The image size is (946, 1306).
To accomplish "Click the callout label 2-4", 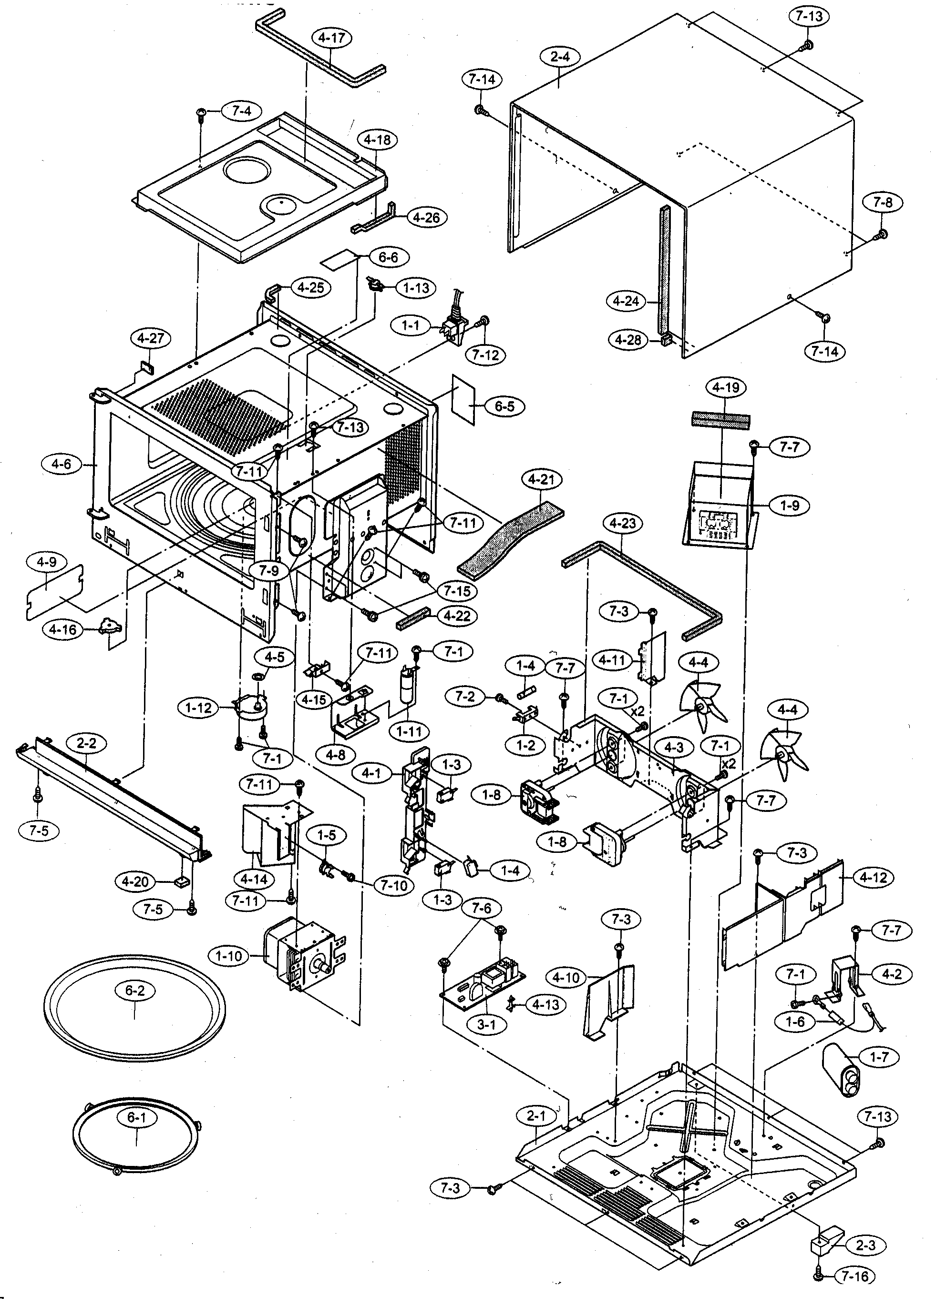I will click(x=560, y=58).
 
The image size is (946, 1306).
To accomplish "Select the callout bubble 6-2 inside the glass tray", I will click(x=134, y=991).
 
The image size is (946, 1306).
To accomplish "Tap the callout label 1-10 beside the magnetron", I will click(x=229, y=956).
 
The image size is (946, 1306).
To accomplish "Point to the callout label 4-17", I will click(x=331, y=39).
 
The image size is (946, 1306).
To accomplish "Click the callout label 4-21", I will click(x=542, y=479).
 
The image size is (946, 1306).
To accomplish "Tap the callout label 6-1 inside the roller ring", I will click(x=136, y=1118).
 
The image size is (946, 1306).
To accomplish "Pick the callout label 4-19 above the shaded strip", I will click(x=725, y=387).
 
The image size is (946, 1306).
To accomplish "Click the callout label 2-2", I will click(x=86, y=743).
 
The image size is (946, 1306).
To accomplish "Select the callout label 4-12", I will click(x=874, y=878).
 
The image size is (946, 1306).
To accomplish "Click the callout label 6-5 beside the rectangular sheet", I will click(x=504, y=406).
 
